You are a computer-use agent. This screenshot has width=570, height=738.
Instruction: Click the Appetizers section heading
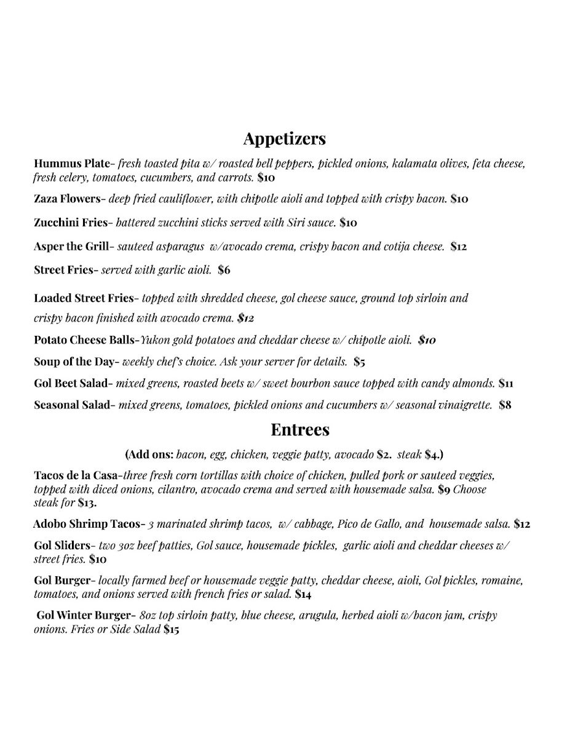click(x=284, y=139)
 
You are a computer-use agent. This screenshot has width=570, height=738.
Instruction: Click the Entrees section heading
click(x=300, y=429)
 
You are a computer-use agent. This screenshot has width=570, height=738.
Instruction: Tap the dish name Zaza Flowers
click(x=66, y=199)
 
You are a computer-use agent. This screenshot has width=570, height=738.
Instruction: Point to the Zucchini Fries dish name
click(x=71, y=223)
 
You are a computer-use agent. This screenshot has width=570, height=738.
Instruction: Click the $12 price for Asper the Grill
click(x=459, y=247)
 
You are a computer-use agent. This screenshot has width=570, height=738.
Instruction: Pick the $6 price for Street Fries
click(x=224, y=270)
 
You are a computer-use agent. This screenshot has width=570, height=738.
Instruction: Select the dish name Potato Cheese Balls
click(x=85, y=340)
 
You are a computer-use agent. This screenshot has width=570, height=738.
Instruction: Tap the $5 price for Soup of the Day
click(x=360, y=362)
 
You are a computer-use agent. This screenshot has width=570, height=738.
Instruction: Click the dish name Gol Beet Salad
click(x=71, y=384)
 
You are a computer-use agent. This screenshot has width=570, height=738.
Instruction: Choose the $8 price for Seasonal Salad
click(x=505, y=405)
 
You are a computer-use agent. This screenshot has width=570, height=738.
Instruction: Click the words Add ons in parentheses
click(x=150, y=455)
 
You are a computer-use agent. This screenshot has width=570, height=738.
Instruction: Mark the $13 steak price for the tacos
click(x=87, y=503)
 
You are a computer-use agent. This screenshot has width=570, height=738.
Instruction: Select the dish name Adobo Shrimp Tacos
click(x=87, y=525)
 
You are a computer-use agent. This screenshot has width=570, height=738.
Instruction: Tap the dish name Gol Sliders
click(x=62, y=546)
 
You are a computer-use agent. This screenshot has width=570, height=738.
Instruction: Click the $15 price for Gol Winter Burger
click(x=171, y=630)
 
